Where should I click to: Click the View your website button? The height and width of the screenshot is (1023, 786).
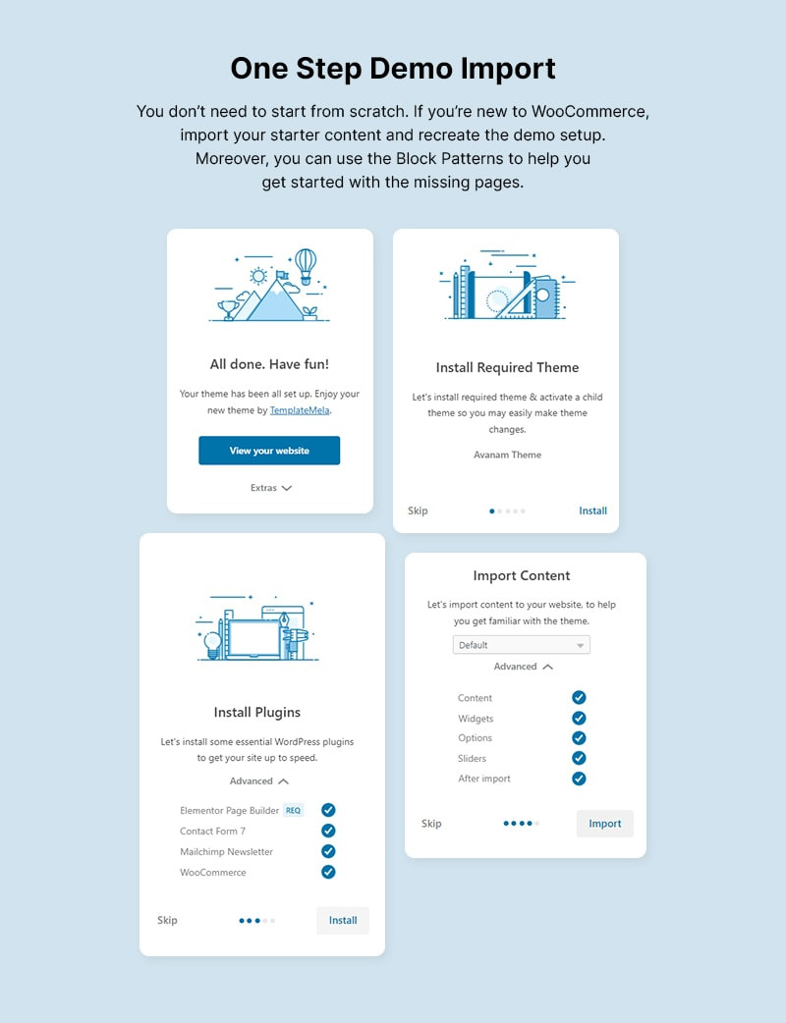click(269, 451)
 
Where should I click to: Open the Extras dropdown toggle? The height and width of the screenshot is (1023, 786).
click(271, 487)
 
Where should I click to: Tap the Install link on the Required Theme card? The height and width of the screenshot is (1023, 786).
click(592, 511)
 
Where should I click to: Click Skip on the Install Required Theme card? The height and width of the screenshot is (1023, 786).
click(418, 511)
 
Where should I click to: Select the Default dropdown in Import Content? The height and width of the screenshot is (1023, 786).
click(521, 645)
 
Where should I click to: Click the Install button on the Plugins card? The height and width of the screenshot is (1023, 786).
click(343, 920)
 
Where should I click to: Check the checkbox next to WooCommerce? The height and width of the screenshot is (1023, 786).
click(328, 872)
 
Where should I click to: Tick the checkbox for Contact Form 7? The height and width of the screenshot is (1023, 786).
click(328, 831)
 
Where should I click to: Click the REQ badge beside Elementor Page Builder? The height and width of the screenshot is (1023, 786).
click(293, 810)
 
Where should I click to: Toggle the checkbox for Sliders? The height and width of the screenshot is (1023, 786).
click(579, 758)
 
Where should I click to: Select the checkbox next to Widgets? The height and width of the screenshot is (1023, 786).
click(579, 718)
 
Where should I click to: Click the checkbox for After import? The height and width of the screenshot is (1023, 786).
click(579, 779)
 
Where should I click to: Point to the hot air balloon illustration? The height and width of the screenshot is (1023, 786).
click(307, 264)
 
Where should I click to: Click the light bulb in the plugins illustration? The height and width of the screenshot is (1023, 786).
click(211, 643)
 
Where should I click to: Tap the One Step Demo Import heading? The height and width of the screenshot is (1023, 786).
click(393, 68)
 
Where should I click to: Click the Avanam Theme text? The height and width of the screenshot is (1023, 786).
click(507, 455)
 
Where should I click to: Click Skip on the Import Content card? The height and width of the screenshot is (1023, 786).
click(431, 824)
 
